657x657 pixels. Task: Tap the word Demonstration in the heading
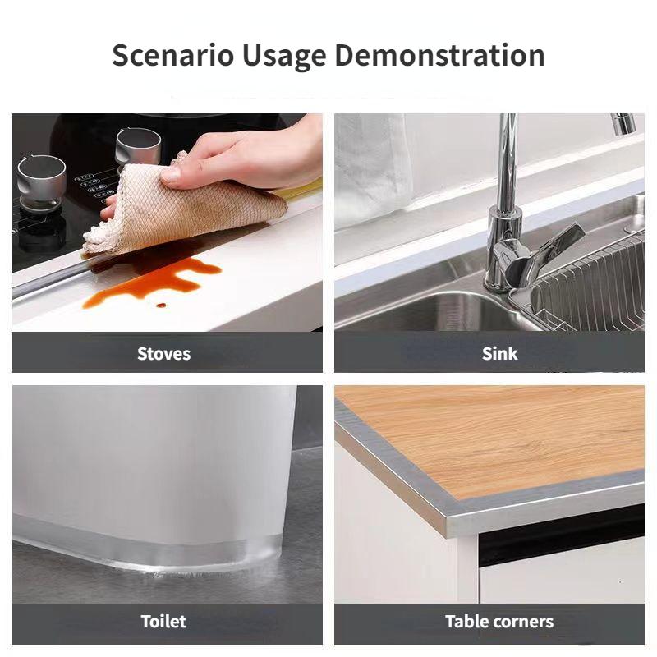(x=439, y=56)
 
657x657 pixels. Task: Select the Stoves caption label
(x=163, y=354)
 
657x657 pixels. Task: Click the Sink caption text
(x=499, y=354)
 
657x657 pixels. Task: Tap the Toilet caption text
(x=163, y=622)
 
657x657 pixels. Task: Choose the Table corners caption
(x=499, y=622)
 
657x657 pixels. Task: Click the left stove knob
(x=41, y=175)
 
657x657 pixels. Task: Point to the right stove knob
(x=138, y=146)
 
